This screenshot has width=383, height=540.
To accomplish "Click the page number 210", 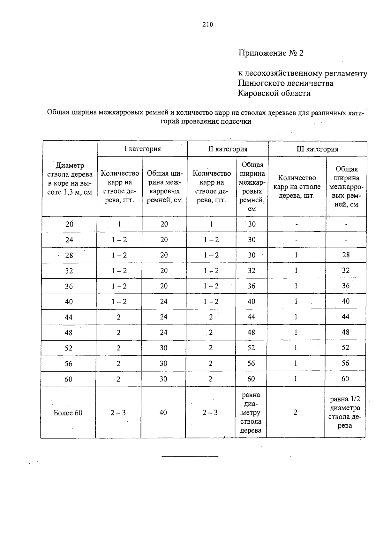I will click(x=207, y=25).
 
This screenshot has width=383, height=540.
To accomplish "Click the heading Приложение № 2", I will click(x=271, y=53).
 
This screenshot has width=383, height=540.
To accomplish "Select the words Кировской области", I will click(x=274, y=93).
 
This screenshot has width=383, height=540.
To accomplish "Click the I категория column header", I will click(x=142, y=149).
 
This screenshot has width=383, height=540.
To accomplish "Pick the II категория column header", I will click(x=228, y=149).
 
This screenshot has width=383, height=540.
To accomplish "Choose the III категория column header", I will click(x=317, y=149).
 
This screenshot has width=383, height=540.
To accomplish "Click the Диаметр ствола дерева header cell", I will click(x=70, y=179).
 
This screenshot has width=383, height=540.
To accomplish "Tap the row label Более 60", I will click(x=68, y=413).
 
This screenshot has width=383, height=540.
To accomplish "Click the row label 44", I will click(x=69, y=317).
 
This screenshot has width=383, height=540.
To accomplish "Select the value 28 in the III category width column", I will click(x=346, y=255).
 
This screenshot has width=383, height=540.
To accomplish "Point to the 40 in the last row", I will click(x=163, y=413).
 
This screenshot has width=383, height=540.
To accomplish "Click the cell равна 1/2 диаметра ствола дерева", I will click(x=345, y=412).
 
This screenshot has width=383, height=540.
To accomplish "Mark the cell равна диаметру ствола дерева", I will click(x=251, y=413).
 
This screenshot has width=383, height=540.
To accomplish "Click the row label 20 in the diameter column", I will click(x=69, y=224).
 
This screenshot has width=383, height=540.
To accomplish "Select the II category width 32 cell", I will click(x=252, y=271).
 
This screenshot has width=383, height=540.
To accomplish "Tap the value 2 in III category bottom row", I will click(x=295, y=413).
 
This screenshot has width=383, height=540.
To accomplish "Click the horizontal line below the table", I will click(x=190, y=456).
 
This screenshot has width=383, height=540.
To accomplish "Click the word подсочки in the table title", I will click(x=237, y=122).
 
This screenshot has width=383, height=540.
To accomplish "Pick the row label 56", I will click(x=69, y=364).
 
